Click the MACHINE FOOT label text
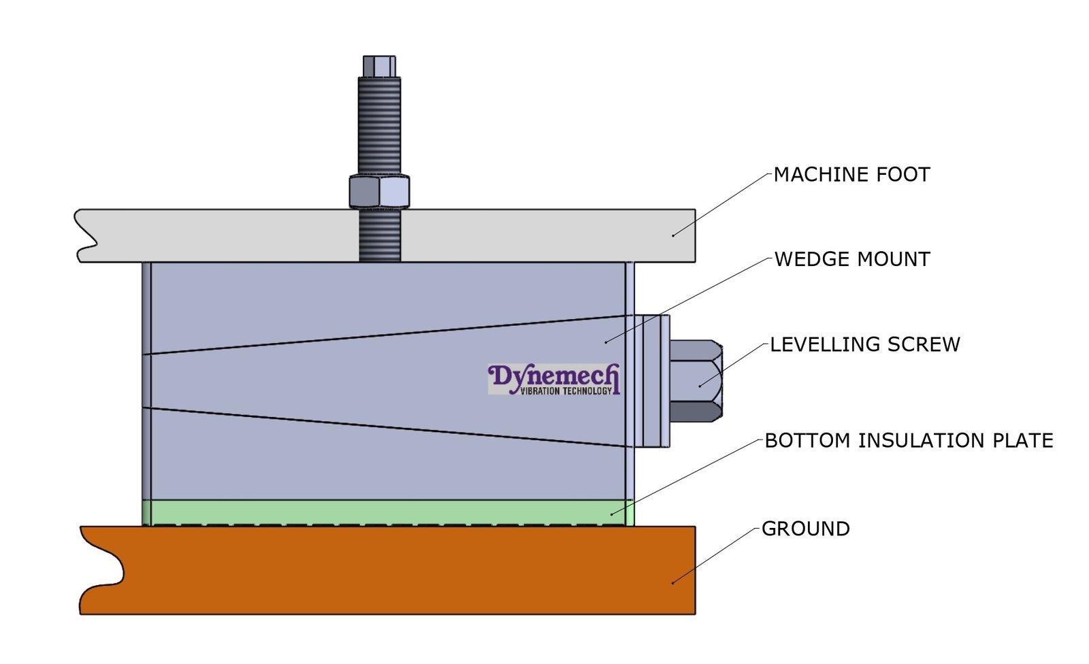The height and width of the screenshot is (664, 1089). click(x=851, y=175)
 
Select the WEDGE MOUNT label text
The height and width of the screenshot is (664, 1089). click(x=852, y=259)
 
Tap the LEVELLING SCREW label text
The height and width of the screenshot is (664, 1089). click(x=864, y=344)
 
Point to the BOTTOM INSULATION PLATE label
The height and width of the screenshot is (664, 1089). click(x=909, y=441)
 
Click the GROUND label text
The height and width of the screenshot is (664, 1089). click(x=805, y=529)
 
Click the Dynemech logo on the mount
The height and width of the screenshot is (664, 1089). click(x=553, y=378)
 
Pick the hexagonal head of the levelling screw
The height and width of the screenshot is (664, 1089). click(x=695, y=381)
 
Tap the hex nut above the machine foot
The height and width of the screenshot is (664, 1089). click(x=379, y=192)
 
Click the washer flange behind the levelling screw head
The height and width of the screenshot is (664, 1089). click(x=652, y=381)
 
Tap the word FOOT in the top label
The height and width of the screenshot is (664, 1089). click(x=903, y=175)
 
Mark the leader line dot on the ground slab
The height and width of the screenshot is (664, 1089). click(x=672, y=583)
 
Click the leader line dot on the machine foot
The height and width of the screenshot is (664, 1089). click(x=673, y=235)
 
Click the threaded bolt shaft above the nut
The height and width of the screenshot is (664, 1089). click(x=379, y=126)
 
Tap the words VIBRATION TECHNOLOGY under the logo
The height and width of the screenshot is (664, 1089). click(x=566, y=391)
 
